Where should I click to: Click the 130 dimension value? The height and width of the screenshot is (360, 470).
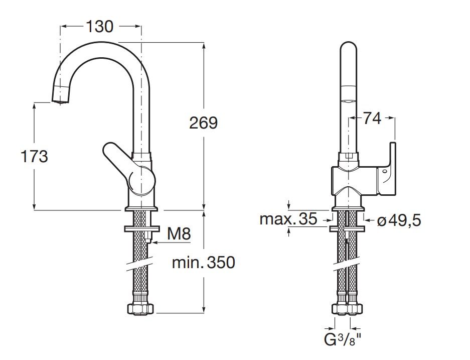tap(100, 26)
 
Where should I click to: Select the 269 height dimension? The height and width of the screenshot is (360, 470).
tap(203, 123)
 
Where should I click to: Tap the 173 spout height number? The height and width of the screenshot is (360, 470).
tap(34, 157)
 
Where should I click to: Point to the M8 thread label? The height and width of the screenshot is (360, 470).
tap(179, 233)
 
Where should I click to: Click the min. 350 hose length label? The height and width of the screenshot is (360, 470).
tap(203, 262)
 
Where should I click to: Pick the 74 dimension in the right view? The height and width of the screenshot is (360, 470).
tap(372, 118)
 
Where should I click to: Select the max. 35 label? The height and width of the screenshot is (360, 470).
tap(288, 219)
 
